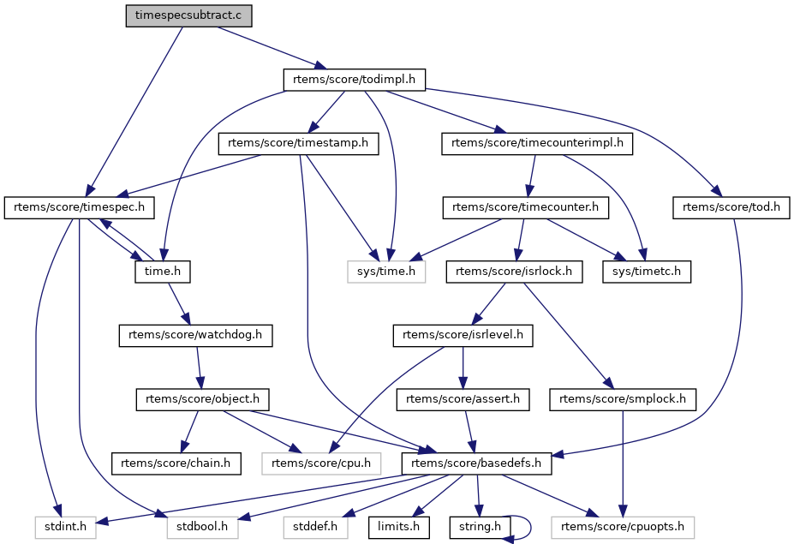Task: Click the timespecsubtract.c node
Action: point(188,15)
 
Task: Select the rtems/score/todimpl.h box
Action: point(354,80)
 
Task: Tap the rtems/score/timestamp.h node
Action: point(298,143)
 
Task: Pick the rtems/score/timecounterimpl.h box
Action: point(537,143)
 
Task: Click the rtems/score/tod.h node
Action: point(731,207)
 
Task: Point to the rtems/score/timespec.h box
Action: point(79,207)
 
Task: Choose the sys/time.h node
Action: point(386,272)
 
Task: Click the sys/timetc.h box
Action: point(646,272)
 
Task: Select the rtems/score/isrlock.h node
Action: point(514,272)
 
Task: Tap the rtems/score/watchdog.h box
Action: point(195,335)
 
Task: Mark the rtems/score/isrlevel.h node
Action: point(463,335)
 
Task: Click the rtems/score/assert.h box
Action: point(463,399)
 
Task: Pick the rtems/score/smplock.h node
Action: point(623,399)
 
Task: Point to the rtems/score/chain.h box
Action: point(176,463)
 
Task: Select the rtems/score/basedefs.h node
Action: point(476,463)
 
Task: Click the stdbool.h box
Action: point(202,527)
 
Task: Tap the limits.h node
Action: point(398,527)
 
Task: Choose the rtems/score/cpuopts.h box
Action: point(623,527)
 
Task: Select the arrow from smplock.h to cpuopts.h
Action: point(623,463)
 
